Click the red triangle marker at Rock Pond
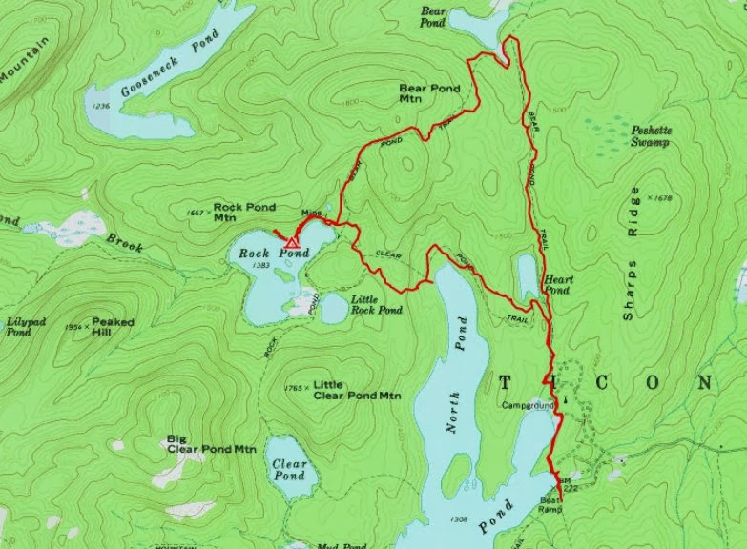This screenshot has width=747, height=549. [x=293, y=243]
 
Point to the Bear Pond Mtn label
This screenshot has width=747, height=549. [x=428, y=92]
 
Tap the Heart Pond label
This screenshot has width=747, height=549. [x=557, y=285]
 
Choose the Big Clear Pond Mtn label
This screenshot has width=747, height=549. [x=212, y=444]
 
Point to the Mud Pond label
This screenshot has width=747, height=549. [x=341, y=546]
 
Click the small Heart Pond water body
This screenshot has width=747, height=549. [x=527, y=276]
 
